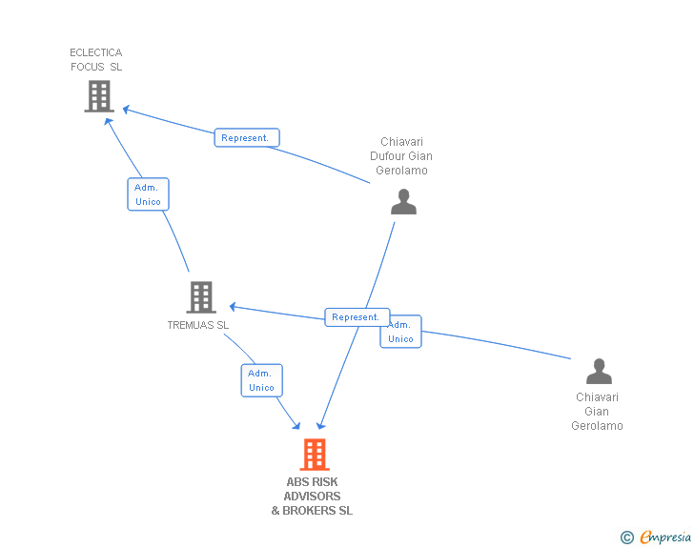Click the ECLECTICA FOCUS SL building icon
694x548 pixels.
pos(99,96)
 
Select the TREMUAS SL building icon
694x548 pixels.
pos(201,297)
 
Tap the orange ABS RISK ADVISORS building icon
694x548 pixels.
pos(315,455)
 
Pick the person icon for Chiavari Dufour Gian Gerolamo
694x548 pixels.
pos(403,201)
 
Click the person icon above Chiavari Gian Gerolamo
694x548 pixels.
pos(599,371)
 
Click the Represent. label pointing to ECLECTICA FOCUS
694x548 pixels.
pos(247,137)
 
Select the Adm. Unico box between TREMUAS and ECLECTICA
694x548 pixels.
pos(149,194)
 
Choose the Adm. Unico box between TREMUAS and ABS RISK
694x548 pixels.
pos(261,380)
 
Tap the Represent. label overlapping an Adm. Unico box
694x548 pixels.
pos(357,317)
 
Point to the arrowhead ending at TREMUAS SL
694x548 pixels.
pos(233,306)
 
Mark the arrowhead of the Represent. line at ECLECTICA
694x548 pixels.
pos(126,110)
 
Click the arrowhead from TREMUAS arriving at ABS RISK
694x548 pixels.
pos(296,426)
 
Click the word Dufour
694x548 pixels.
pos(387,155)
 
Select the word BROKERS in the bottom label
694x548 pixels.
pos(309,511)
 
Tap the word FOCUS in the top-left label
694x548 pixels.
pos(88,67)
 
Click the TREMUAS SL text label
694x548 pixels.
pos(198,325)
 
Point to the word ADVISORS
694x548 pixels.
pos(312,497)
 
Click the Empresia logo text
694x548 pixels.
pos(665,537)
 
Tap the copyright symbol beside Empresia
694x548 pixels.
pos(627,538)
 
